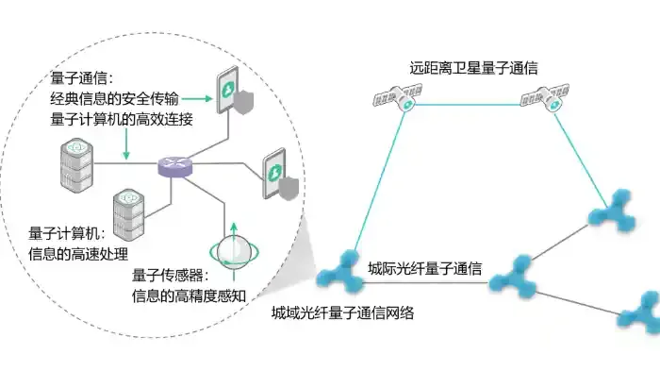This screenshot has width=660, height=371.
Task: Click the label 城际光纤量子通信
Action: [425, 269]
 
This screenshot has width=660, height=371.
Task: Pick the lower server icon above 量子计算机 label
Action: [127, 211]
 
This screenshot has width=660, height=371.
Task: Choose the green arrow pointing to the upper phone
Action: [195, 97]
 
